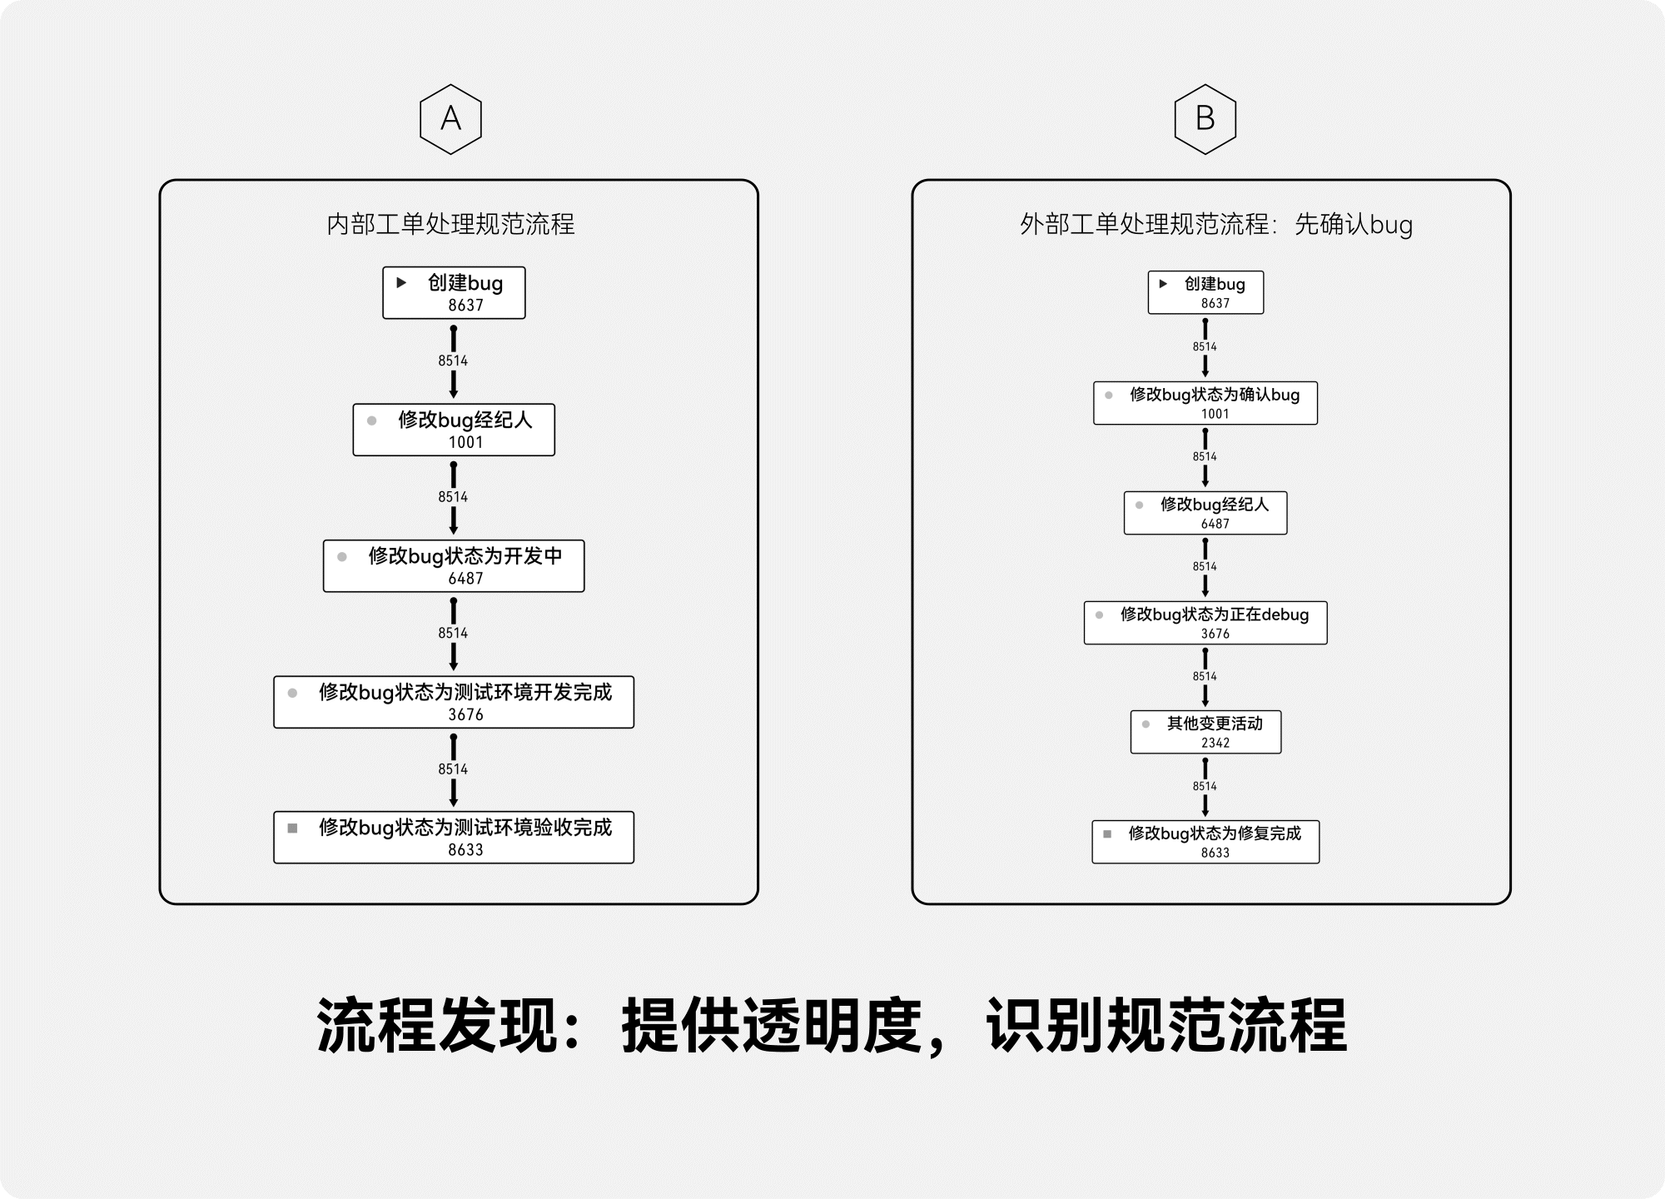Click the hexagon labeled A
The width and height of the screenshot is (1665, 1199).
[450, 119]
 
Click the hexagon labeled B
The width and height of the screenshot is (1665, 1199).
[1205, 119]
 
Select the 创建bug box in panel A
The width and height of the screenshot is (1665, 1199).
[454, 292]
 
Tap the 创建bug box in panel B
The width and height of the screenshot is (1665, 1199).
[1205, 292]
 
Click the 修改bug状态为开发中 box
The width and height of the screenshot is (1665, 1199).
[454, 566]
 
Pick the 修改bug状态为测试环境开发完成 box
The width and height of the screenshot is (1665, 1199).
[454, 702]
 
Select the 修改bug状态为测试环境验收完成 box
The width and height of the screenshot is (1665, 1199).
[454, 838]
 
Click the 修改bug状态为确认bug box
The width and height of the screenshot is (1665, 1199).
[1205, 403]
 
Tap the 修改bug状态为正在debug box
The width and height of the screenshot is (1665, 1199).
[1205, 623]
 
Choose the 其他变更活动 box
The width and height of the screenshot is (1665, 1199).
[1205, 732]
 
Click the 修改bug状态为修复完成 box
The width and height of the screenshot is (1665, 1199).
[1205, 842]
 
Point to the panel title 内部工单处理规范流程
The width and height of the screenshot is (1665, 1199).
[450, 224]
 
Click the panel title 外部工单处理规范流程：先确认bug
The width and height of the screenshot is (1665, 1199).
[1216, 224]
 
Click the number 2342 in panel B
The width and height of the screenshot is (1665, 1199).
[1215, 743]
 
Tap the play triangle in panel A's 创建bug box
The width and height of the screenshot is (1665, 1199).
[401, 283]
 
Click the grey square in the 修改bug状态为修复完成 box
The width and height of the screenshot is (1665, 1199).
[1107, 833]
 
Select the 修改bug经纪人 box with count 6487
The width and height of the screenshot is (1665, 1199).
[1205, 513]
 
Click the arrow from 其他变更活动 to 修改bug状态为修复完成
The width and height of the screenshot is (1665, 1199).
[1205, 787]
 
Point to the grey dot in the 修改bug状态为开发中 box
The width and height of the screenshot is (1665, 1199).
[342, 557]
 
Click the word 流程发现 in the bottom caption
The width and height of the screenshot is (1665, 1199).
[436, 1026]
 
